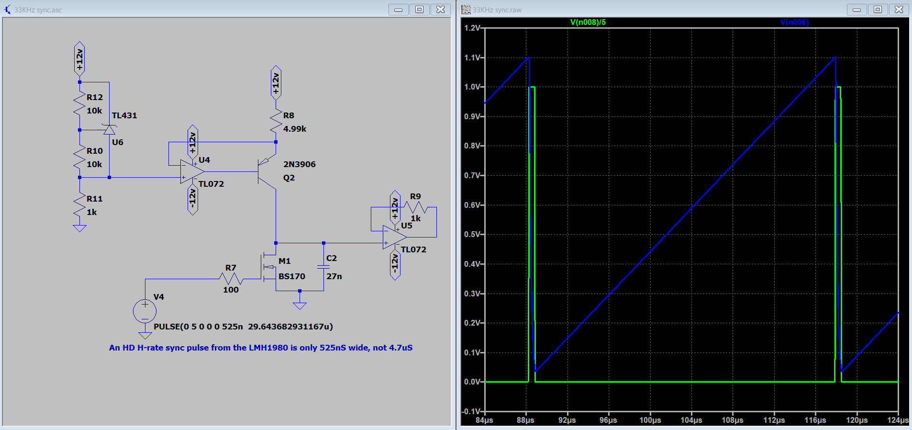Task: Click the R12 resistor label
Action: tap(95, 97)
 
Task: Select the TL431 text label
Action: tap(124, 115)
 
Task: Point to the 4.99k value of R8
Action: tap(295, 129)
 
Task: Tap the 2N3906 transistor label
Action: tap(300, 164)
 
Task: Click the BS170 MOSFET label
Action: tap(292, 276)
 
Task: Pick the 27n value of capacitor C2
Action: tap(334, 276)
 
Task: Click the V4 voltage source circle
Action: tap(145, 311)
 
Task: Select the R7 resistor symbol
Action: tap(231, 279)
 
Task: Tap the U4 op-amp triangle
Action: tap(192, 171)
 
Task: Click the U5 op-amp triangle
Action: tap(395, 237)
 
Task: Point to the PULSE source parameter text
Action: tap(243, 327)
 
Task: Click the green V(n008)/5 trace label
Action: tap(588, 22)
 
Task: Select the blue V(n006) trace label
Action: tap(794, 22)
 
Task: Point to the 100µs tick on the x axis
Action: tap(650, 420)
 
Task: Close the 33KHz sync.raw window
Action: tap(899, 9)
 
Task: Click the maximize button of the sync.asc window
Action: tap(419, 9)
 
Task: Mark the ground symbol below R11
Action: tap(79, 228)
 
